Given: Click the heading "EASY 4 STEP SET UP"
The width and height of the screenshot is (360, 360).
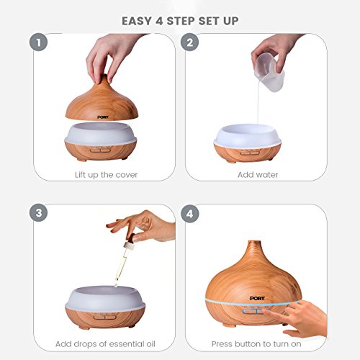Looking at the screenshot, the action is [180, 21].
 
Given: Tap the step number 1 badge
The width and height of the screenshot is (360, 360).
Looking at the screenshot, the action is [38, 42].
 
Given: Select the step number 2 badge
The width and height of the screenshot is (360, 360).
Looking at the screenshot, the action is [189, 42].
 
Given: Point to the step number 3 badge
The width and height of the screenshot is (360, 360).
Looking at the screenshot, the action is [38, 213].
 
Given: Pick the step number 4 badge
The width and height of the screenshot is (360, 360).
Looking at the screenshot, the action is [189, 214].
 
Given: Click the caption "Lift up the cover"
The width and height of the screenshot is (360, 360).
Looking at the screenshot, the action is [106, 175].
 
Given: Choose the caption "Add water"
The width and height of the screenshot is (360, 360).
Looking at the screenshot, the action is [258, 175].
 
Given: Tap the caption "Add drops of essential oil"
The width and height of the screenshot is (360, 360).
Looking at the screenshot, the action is [105, 344].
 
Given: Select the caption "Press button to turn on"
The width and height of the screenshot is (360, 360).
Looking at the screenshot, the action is [256, 344].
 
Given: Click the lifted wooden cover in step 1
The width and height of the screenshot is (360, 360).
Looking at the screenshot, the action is [102, 101].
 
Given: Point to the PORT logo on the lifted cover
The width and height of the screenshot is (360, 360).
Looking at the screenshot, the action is [103, 117].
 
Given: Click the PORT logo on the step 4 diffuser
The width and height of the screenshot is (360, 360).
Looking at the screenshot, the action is [257, 298].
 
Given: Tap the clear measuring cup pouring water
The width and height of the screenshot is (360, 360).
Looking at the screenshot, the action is [269, 72].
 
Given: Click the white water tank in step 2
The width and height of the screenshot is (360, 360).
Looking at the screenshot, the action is [248, 135].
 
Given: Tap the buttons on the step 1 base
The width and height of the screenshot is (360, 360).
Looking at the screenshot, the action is [100, 150].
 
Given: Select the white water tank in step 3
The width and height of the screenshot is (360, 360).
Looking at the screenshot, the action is [105, 297].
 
